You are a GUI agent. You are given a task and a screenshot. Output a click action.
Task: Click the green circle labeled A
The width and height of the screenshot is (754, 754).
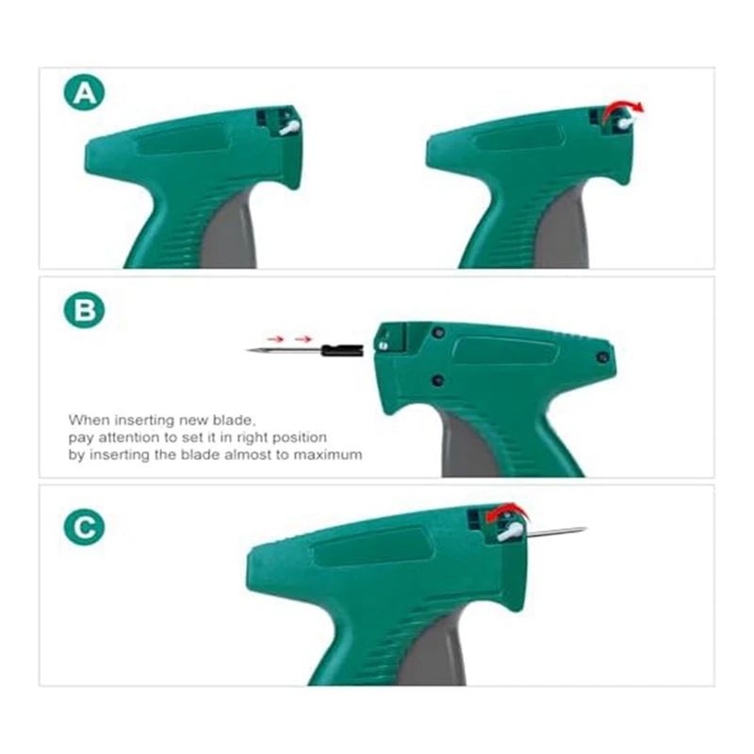pyautogui.click(x=84, y=92)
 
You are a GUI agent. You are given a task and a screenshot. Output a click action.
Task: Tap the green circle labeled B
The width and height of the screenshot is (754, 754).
pyautogui.click(x=84, y=310)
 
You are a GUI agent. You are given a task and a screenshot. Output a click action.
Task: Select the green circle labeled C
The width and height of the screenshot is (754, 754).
pyautogui.click(x=84, y=527)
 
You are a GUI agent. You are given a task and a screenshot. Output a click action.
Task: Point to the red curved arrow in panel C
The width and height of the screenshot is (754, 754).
pyautogui.click(x=506, y=511)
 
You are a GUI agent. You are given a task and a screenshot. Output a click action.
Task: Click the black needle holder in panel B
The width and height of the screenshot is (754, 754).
pyautogui.click(x=342, y=350)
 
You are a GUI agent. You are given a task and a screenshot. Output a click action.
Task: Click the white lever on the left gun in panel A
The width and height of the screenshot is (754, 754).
pyautogui.click(x=290, y=127)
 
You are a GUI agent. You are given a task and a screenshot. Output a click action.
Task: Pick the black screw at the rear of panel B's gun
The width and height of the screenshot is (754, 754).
pyautogui.click(x=602, y=357)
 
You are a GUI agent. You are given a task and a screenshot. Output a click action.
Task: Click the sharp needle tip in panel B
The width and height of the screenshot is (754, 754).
pyautogui.click(x=248, y=351)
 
